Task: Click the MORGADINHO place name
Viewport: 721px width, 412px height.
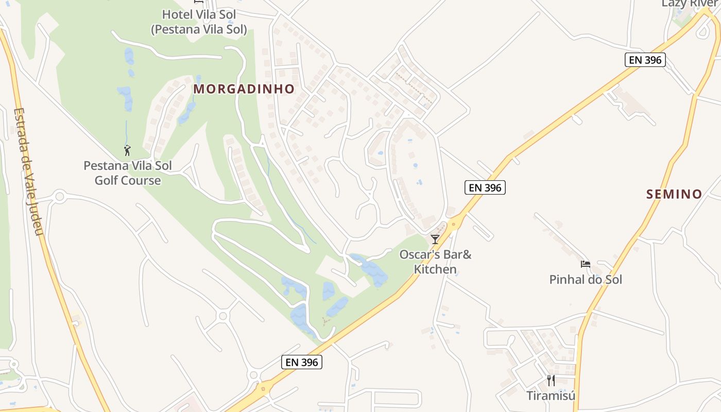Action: (244, 89)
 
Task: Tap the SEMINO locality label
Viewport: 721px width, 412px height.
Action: (674, 194)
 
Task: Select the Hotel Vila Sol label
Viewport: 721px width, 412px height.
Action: (199, 14)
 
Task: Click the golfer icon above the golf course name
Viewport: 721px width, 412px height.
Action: (127, 150)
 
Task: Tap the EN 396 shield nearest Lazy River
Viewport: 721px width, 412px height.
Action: (645, 60)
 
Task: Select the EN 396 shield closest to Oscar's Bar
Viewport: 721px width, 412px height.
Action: (485, 187)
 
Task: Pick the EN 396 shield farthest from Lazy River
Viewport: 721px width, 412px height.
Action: (302, 362)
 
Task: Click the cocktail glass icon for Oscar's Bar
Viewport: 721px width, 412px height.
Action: (435, 239)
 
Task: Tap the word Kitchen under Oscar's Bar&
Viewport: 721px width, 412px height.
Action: (435, 269)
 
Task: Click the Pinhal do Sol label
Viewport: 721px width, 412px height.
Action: (586, 280)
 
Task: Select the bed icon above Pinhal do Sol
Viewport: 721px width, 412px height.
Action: (586, 264)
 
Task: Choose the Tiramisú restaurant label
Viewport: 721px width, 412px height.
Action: (551, 396)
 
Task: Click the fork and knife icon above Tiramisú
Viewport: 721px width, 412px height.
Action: (551, 381)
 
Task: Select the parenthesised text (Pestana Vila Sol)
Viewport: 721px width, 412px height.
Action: (199, 30)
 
